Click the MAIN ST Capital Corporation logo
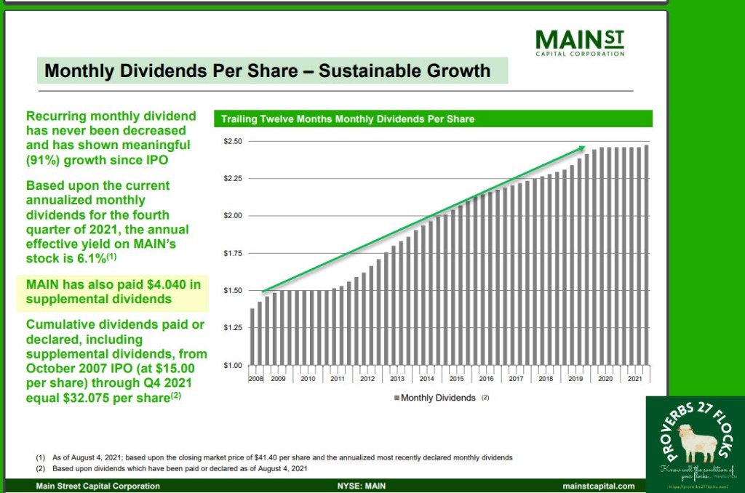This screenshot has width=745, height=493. (x=579, y=42)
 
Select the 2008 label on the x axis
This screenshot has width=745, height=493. (x=255, y=378)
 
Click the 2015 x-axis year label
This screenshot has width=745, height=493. (x=456, y=378)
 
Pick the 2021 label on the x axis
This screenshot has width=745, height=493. (x=634, y=378)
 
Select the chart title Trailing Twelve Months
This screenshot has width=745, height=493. (x=348, y=119)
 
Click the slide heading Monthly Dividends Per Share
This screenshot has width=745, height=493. (x=268, y=71)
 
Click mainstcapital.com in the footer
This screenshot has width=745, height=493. (x=598, y=486)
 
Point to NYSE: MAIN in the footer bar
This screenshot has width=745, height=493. (x=361, y=486)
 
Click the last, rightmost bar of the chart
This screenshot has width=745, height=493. (x=646, y=254)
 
